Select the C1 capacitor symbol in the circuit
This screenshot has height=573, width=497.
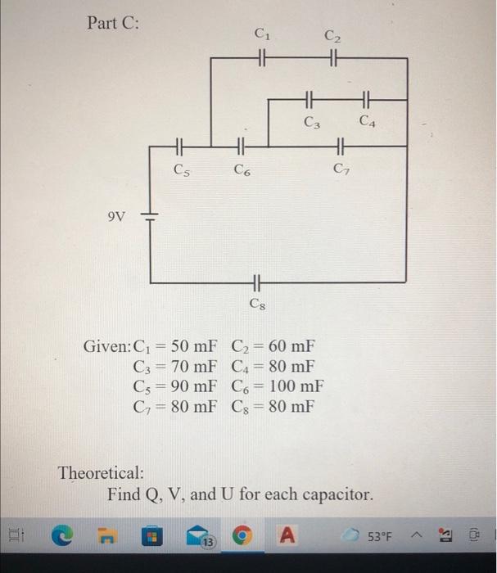pyautogui.click(x=262, y=58)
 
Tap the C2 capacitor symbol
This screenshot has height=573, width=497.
pyautogui.click(x=332, y=58)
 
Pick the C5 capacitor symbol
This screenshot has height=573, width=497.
pyautogui.click(x=181, y=147)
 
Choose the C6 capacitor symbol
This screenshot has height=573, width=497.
pyautogui.click(x=240, y=147)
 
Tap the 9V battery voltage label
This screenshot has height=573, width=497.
pyautogui.click(x=118, y=217)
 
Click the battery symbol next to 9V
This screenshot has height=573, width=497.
pyautogui.click(x=150, y=216)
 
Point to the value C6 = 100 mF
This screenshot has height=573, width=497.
pyautogui.click(x=278, y=386)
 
